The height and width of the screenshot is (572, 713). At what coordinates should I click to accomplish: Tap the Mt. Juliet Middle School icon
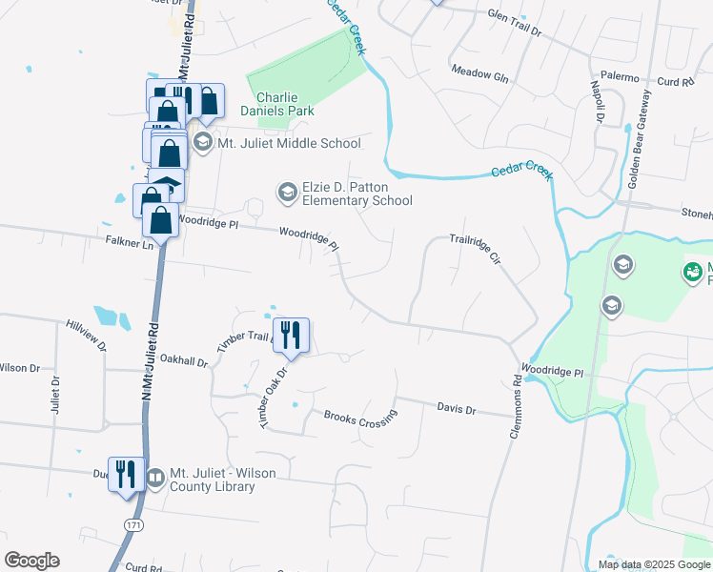pyautogui.click(x=202, y=143)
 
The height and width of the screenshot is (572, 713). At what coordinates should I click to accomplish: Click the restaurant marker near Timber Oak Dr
pyautogui.click(x=291, y=336)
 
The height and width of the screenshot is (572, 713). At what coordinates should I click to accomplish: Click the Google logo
pyautogui.click(x=31, y=561)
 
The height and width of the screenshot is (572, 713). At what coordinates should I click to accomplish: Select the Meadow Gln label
pyautogui.click(x=479, y=73)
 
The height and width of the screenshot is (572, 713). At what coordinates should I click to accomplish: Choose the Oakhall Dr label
pyautogui.click(x=184, y=360)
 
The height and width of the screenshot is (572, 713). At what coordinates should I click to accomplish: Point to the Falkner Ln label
pyautogui.click(x=133, y=245)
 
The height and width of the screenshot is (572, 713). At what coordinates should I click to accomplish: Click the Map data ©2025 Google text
pyautogui.click(x=653, y=563)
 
